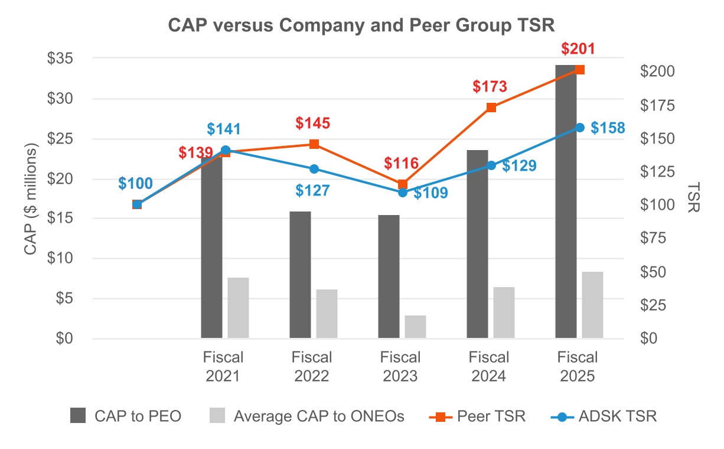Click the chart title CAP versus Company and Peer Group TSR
(361, 25)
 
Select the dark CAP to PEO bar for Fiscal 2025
(566, 201)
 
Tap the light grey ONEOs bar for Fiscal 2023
(415, 327)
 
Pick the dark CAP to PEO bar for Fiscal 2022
(300, 275)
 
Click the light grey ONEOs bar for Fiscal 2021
(239, 308)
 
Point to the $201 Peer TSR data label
(579, 48)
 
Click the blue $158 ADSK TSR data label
(608, 128)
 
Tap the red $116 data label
(401, 163)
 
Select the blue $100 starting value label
(135, 183)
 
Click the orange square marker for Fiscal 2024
(491, 108)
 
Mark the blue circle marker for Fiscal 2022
(314, 169)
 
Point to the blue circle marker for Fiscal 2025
(580, 128)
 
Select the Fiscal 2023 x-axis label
(400, 366)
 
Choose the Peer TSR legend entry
(477, 416)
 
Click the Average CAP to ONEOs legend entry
(307, 416)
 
